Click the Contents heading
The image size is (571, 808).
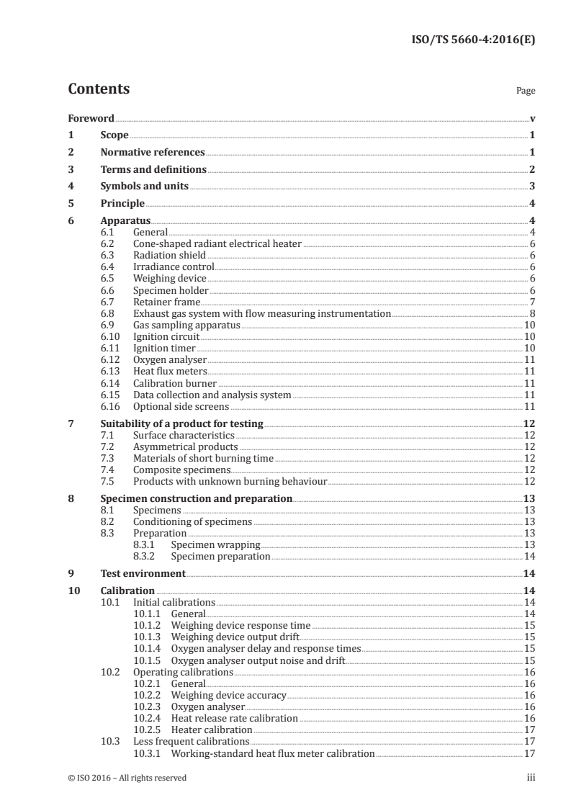pyautogui.click(x=99, y=89)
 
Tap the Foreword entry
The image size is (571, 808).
pyautogui.click(x=91, y=119)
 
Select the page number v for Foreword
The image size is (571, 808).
pyautogui.click(x=531, y=119)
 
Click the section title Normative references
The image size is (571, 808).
pyautogui.click(x=153, y=153)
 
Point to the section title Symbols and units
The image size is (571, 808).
pyautogui.click(x=144, y=186)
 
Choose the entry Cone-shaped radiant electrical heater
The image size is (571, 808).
pyautogui.click(x=217, y=245)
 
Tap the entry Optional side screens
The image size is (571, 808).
pyautogui.click(x=181, y=407)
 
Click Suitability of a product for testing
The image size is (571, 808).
pyautogui.click(x=181, y=423)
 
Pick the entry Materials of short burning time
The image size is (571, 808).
pyautogui.click(x=203, y=458)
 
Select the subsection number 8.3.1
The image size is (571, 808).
pyautogui.click(x=145, y=545)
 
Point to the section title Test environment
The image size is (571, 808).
pyautogui.click(x=143, y=574)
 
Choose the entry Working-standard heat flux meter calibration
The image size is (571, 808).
pyautogui.click(x=272, y=753)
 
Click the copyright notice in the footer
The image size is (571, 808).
pyautogui.click(x=127, y=778)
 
